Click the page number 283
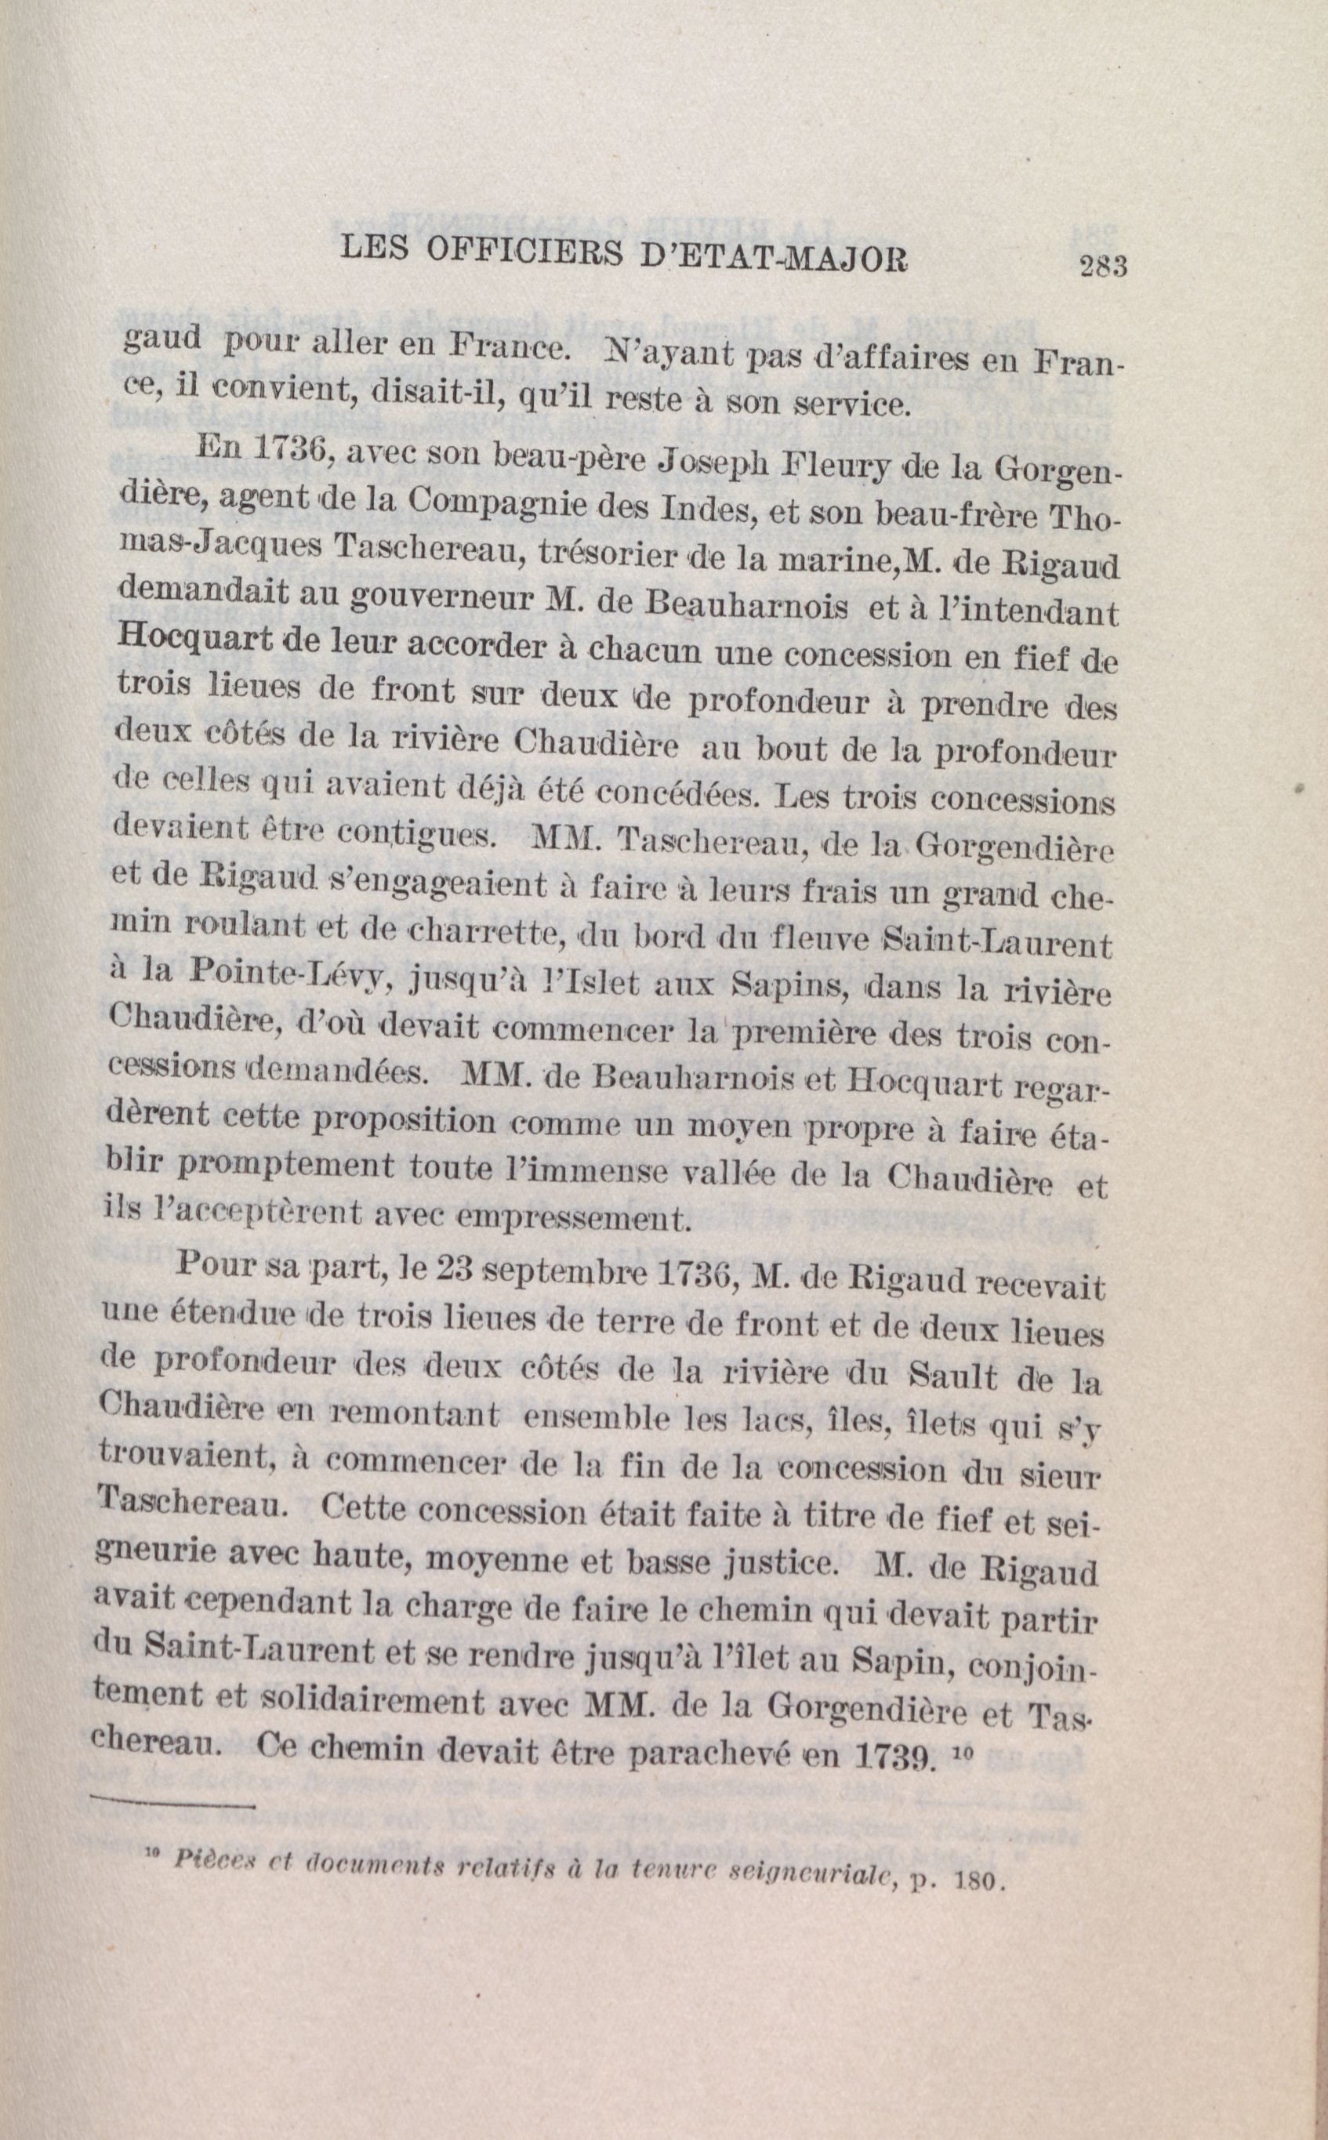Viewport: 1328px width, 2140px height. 1102,265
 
